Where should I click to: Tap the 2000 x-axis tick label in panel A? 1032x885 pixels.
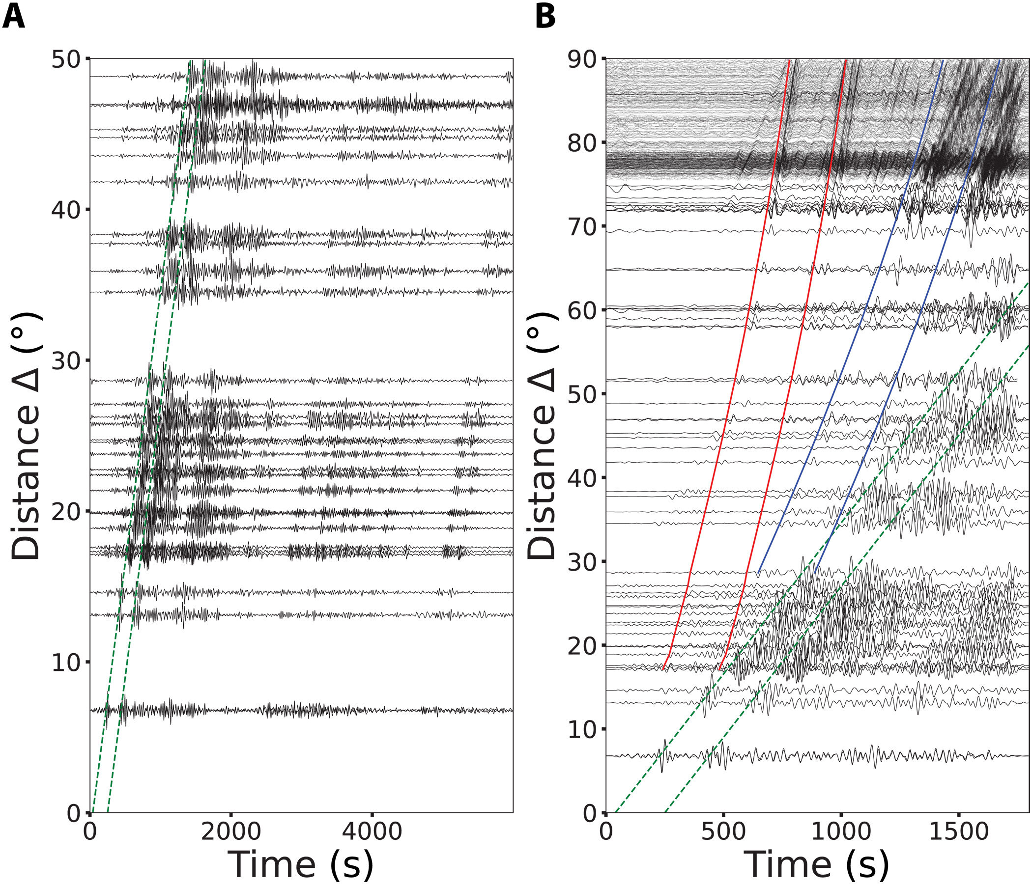point(230,832)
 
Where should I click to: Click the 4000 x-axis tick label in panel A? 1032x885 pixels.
point(372,832)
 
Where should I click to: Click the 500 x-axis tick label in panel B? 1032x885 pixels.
point(723,832)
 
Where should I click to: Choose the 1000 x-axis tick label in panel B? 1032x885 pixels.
point(841,832)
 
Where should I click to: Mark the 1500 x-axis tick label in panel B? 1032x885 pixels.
point(958,832)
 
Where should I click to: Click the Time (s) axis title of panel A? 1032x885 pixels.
point(301,865)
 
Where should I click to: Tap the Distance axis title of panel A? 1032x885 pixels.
point(26,436)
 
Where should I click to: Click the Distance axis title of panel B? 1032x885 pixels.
point(542,436)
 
